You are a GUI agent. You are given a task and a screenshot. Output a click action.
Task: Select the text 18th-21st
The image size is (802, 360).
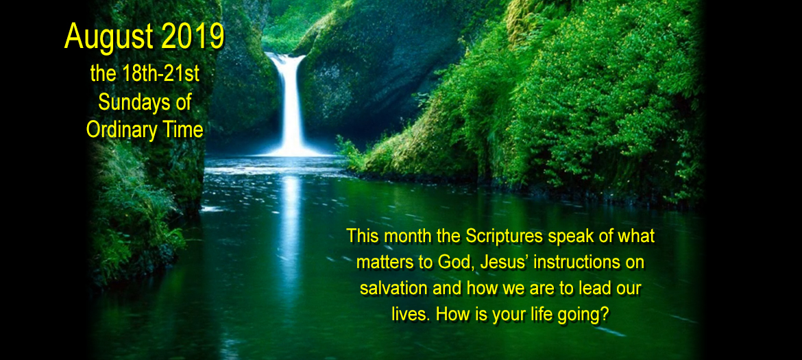pyautogui.click(x=162, y=75)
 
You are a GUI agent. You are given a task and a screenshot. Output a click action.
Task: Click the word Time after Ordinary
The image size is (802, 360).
pyautogui.click(x=182, y=130)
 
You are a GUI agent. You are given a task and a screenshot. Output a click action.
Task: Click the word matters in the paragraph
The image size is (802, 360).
pyautogui.click(x=378, y=263)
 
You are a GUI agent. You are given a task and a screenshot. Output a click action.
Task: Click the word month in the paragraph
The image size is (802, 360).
pyautogui.click(x=410, y=237)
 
